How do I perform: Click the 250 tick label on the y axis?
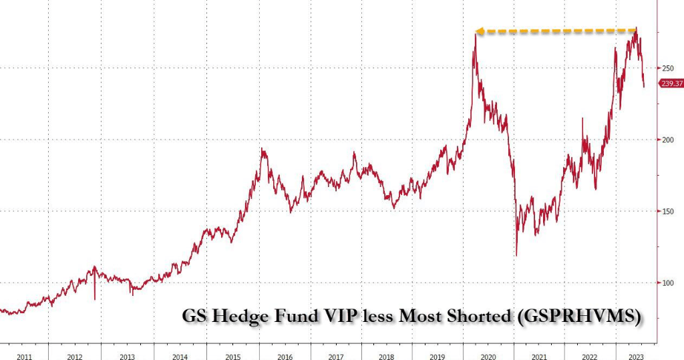point(668,68)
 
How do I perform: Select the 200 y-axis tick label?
point(668,140)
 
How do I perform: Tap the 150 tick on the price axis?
point(668,212)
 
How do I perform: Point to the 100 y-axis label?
point(668,283)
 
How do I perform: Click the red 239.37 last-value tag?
point(671,83)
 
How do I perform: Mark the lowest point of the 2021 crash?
point(516,255)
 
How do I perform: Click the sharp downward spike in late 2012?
point(95,299)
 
